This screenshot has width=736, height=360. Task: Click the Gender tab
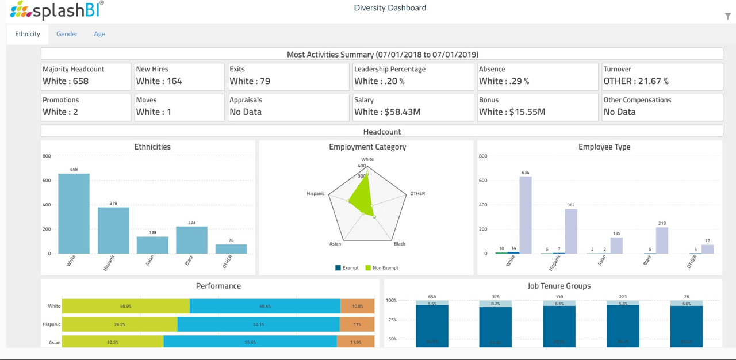pos(67,34)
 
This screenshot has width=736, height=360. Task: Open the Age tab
pos(99,34)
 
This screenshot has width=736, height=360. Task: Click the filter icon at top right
pos(727,16)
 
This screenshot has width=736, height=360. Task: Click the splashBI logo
pos(57,10)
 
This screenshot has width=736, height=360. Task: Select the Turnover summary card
pos(662,76)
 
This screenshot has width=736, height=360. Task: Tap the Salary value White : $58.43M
pos(387,112)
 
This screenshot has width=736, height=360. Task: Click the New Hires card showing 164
pos(179,76)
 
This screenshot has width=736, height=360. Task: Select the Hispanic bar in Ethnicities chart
pos(113,230)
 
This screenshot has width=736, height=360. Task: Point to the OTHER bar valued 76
pos(231,248)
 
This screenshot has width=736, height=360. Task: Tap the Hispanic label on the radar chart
pos(316,194)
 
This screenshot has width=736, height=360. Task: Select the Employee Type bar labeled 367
pos(570,231)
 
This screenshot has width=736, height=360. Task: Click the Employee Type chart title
pos(604,147)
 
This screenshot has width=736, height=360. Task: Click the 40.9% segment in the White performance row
pos(125,306)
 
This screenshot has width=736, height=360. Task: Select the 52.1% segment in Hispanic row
pos(258,324)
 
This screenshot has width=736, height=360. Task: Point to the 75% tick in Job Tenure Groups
pos(391,320)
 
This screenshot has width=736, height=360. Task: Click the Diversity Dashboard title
pos(390,8)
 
